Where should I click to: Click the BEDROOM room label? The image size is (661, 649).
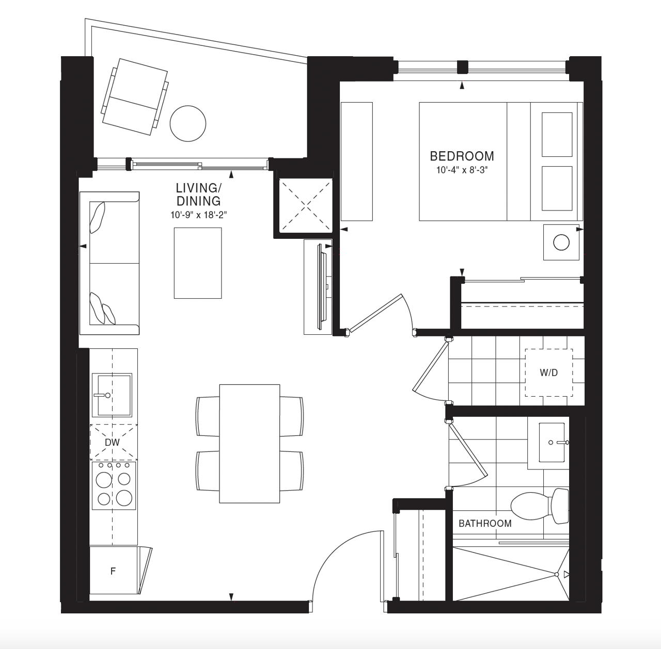[x=462, y=156]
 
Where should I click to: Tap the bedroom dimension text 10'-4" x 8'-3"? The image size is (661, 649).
[x=462, y=170]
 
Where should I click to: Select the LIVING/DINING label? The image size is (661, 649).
[x=198, y=194]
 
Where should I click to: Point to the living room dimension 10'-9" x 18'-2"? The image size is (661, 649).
[x=199, y=215]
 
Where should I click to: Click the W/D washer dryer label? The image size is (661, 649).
[x=548, y=372]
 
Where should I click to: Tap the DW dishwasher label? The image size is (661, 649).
[x=112, y=442]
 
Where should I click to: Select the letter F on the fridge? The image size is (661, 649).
[x=113, y=571]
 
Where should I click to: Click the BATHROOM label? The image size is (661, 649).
[x=485, y=523]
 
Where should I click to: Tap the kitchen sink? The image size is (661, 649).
[x=112, y=395]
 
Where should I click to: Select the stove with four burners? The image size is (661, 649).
[x=114, y=485]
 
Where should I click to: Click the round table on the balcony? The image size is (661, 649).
[x=188, y=123]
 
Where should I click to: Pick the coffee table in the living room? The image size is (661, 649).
[x=198, y=263]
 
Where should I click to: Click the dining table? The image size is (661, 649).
[x=249, y=443]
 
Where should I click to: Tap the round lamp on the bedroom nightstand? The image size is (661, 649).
[x=561, y=242]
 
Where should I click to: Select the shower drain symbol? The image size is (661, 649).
[x=557, y=575]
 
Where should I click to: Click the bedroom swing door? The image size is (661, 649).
[x=376, y=313]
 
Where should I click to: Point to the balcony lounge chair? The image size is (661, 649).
[x=135, y=98]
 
